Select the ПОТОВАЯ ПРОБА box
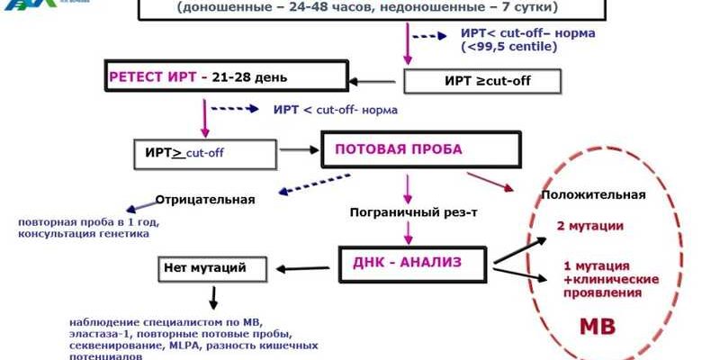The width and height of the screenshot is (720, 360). pyautogui.click(x=421, y=149)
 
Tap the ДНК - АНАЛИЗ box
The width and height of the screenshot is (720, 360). pyautogui.click(x=413, y=262)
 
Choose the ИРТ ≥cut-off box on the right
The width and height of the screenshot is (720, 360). pyautogui.click(x=481, y=81)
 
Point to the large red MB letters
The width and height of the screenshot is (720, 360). pyautogui.click(x=596, y=325)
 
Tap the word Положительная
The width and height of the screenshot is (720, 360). pyautogui.click(x=594, y=194)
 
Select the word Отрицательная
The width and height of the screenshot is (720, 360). pyautogui.click(x=205, y=200)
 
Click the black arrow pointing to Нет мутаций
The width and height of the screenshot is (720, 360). pyautogui.click(x=303, y=268)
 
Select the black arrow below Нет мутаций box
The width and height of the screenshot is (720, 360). pyautogui.click(x=213, y=298)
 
